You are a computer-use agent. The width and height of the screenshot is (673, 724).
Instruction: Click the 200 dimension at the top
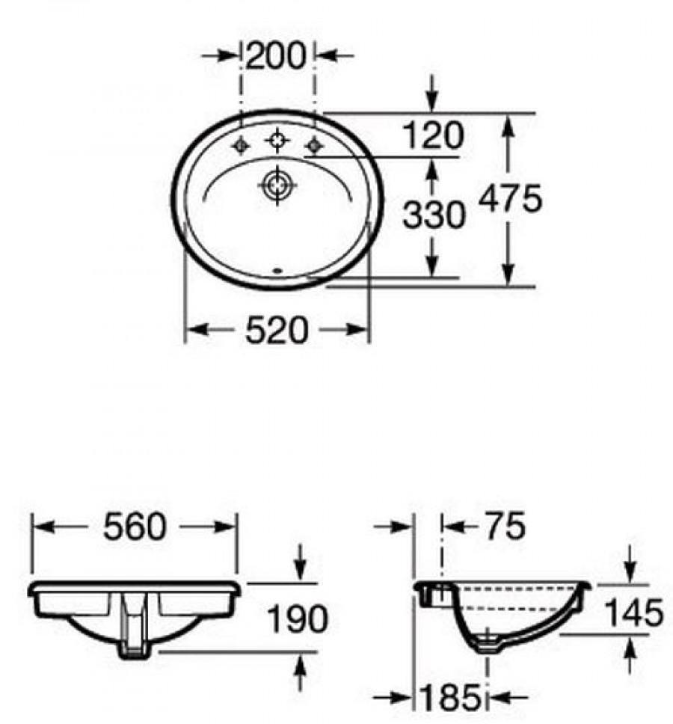click(277, 56)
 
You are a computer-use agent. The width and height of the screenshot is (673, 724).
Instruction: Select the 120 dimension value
click(433, 137)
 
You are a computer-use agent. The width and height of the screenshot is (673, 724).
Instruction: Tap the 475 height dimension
click(511, 200)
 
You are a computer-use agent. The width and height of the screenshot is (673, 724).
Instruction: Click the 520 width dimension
click(277, 330)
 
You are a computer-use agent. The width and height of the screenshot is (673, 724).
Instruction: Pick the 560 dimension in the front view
click(135, 527)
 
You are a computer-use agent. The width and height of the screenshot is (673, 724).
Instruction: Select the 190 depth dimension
click(298, 619)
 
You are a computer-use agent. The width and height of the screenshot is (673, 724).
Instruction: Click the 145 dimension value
click(633, 613)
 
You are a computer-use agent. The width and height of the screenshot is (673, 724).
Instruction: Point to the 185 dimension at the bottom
click(451, 699)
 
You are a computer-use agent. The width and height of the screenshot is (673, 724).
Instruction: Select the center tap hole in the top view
click(277, 140)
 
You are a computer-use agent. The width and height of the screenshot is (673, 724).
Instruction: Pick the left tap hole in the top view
click(241, 146)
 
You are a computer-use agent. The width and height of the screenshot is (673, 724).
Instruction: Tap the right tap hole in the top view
click(314, 146)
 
